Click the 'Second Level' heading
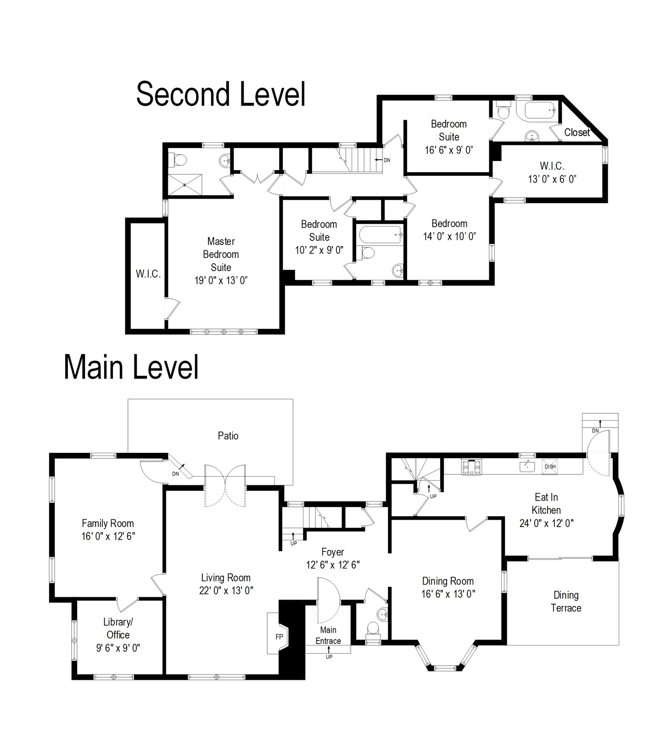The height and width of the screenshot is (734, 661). coord(221,95)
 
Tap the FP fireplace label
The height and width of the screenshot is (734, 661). coord(279,637)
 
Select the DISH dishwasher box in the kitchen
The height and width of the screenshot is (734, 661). coord(550,467)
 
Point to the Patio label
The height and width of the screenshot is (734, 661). coord(228,436)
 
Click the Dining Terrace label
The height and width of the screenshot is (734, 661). coord(566,601)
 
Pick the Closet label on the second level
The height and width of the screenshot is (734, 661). coord(577,133)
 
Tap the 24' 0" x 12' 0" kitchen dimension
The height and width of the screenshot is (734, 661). coord(547,523)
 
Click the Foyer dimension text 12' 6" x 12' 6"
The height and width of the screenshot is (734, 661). coord(333,565)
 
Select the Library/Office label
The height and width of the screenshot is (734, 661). coord(118,628)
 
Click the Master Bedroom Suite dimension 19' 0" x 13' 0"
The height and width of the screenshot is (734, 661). coord(221,280)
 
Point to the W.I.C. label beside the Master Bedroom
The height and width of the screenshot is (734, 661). coord(148,274)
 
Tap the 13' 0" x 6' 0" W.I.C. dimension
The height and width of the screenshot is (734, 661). coord(552,179)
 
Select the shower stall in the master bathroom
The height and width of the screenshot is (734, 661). coord(185,184)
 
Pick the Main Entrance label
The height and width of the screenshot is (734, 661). coord(328,635)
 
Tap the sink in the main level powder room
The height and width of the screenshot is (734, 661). coord(383,614)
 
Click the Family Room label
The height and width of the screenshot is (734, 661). coord(108,523)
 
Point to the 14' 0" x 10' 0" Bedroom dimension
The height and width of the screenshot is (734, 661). coord(449,236)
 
